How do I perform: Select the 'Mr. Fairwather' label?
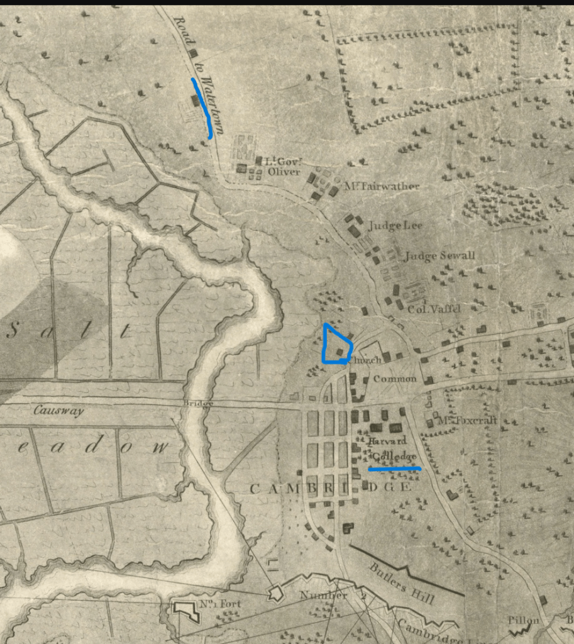[381, 187]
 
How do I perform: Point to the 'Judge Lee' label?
[395, 225]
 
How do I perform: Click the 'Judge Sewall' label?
[439, 256]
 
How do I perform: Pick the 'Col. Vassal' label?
[434, 309]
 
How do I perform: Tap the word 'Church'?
[365, 360]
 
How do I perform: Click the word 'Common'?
[395, 379]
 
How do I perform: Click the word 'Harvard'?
[389, 441]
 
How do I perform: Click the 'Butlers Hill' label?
[402, 582]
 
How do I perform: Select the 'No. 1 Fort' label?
[221, 604]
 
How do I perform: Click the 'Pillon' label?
[524, 621]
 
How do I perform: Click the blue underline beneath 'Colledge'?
[395, 469]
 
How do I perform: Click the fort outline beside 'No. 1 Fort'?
[185, 611]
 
